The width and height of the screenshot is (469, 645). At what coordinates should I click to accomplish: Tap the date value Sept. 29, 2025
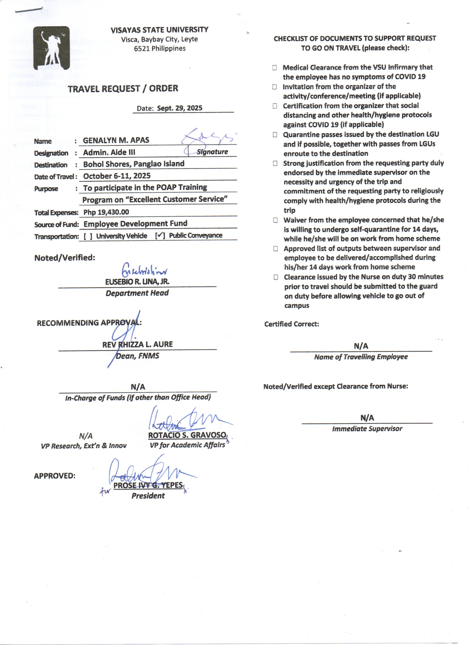point(179,108)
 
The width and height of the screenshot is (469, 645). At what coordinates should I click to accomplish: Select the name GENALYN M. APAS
point(116,140)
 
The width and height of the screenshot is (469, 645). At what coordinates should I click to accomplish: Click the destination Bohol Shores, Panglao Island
point(134,164)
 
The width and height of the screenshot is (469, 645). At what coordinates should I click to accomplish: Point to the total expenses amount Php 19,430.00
point(106,212)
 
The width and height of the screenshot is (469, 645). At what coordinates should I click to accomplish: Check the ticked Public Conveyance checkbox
point(160,235)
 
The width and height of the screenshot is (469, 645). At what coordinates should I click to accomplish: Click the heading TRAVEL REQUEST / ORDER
point(123,88)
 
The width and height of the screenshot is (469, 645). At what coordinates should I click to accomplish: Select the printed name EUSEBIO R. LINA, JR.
point(137,282)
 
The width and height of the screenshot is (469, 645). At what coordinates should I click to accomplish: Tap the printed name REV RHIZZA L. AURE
point(137,344)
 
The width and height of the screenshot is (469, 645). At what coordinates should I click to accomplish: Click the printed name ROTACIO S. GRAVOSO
point(187,435)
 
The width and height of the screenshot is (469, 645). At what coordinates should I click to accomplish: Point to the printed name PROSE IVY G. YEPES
point(148,485)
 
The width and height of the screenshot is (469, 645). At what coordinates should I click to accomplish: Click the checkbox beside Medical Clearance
point(275,68)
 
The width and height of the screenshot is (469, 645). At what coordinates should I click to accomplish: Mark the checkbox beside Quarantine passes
point(275,135)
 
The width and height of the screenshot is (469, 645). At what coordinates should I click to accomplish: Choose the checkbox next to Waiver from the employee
point(276,220)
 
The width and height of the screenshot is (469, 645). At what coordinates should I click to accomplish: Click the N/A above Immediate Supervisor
point(367,418)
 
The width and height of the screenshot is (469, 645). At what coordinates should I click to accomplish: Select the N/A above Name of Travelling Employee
point(361,346)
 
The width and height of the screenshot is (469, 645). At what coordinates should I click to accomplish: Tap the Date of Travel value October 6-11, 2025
point(117,176)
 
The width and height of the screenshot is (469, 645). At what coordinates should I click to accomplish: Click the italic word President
point(148,496)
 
